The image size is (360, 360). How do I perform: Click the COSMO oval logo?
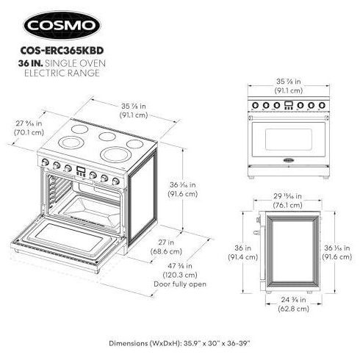click(x=62, y=25)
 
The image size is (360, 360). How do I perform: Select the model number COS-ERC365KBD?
click(x=62, y=51)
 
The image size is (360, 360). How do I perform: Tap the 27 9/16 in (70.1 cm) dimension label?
click(x=29, y=128)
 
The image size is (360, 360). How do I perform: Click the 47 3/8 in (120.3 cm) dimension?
click(x=180, y=270)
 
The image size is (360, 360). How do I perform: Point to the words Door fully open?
click(x=180, y=284)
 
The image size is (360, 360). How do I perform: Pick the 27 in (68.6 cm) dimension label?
click(x=166, y=247)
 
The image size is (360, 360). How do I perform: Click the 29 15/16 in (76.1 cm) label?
click(x=288, y=201)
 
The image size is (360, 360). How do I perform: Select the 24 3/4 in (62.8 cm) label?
click(x=293, y=304)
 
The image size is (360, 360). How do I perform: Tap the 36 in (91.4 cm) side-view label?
click(x=243, y=253)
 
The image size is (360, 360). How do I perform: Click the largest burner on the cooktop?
click(x=115, y=154)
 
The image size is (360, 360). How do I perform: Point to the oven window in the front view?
click(x=289, y=139)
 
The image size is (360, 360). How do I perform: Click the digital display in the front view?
click(x=289, y=105)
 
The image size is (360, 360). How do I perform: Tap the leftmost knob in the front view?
click(x=255, y=105)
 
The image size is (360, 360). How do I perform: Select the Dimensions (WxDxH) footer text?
click(x=180, y=343)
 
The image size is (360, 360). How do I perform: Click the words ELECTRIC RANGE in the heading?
click(x=62, y=73)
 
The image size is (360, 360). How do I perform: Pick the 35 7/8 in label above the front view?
click(x=289, y=86)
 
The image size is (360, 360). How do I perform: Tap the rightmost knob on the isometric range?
click(x=115, y=181)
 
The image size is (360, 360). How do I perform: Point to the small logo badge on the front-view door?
click(x=289, y=160)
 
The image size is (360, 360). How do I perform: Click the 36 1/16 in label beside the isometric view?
click(x=183, y=190)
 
